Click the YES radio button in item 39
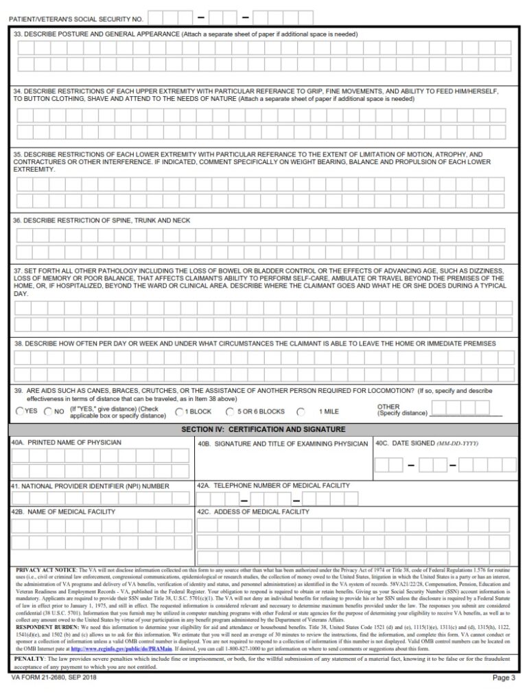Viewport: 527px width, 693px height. [x=20, y=411]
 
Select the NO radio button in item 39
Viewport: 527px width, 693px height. [x=48, y=411]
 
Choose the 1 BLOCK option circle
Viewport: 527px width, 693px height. [x=179, y=412]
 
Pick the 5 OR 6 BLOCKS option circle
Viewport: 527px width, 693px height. [x=230, y=412]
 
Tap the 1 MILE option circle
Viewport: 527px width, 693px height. [x=301, y=412]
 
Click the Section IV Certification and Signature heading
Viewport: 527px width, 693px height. [x=263, y=429]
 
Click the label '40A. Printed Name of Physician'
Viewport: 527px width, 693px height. [x=67, y=443]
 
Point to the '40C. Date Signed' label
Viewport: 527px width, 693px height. [x=426, y=444]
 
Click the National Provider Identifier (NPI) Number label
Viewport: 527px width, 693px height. [x=90, y=486]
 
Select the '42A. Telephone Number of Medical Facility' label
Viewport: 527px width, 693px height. [x=273, y=486]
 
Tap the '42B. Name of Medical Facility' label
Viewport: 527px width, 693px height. [x=63, y=512]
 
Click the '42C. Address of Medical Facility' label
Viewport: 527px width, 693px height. [x=253, y=512]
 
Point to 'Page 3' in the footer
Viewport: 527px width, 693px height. [x=504, y=678]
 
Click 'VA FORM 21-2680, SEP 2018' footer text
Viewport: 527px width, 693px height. [x=54, y=678]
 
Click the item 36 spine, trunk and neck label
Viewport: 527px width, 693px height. [x=102, y=220]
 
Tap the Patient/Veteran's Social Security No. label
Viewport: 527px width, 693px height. [x=76, y=19]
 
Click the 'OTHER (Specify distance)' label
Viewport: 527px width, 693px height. [x=401, y=410]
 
